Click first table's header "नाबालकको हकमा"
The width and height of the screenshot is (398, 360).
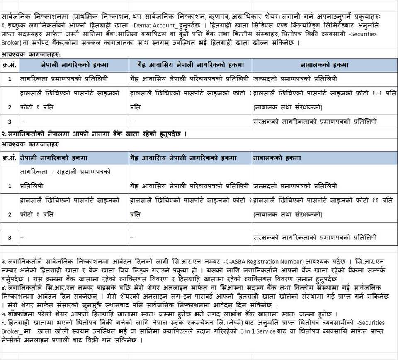[x=324, y=65]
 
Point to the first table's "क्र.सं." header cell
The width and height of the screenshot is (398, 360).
[x=10, y=65]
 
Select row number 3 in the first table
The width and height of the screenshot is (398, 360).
[x=10, y=122]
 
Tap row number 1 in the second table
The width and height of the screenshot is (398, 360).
[x=10, y=186]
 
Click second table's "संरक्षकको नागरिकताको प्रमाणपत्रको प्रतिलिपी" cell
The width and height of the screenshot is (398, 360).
[x=315, y=238]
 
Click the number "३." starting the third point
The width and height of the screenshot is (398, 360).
[x=4, y=261]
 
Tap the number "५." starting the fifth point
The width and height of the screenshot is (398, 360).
[x=4, y=314]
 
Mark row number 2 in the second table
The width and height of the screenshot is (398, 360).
[x=10, y=215]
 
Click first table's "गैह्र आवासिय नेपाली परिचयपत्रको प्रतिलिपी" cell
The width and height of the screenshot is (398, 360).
[x=189, y=78]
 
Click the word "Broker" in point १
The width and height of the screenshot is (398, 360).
[x=10, y=42]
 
